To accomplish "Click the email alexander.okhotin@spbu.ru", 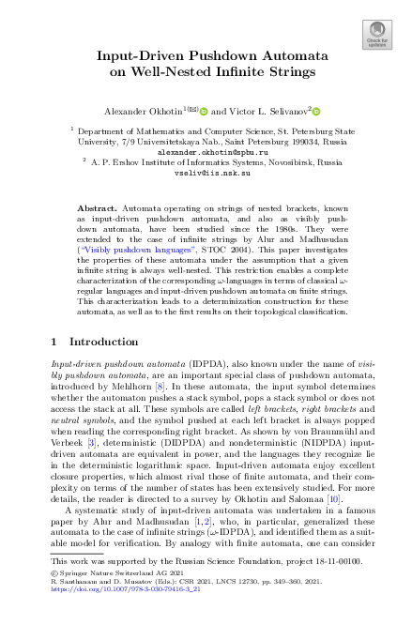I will [206, 150].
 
